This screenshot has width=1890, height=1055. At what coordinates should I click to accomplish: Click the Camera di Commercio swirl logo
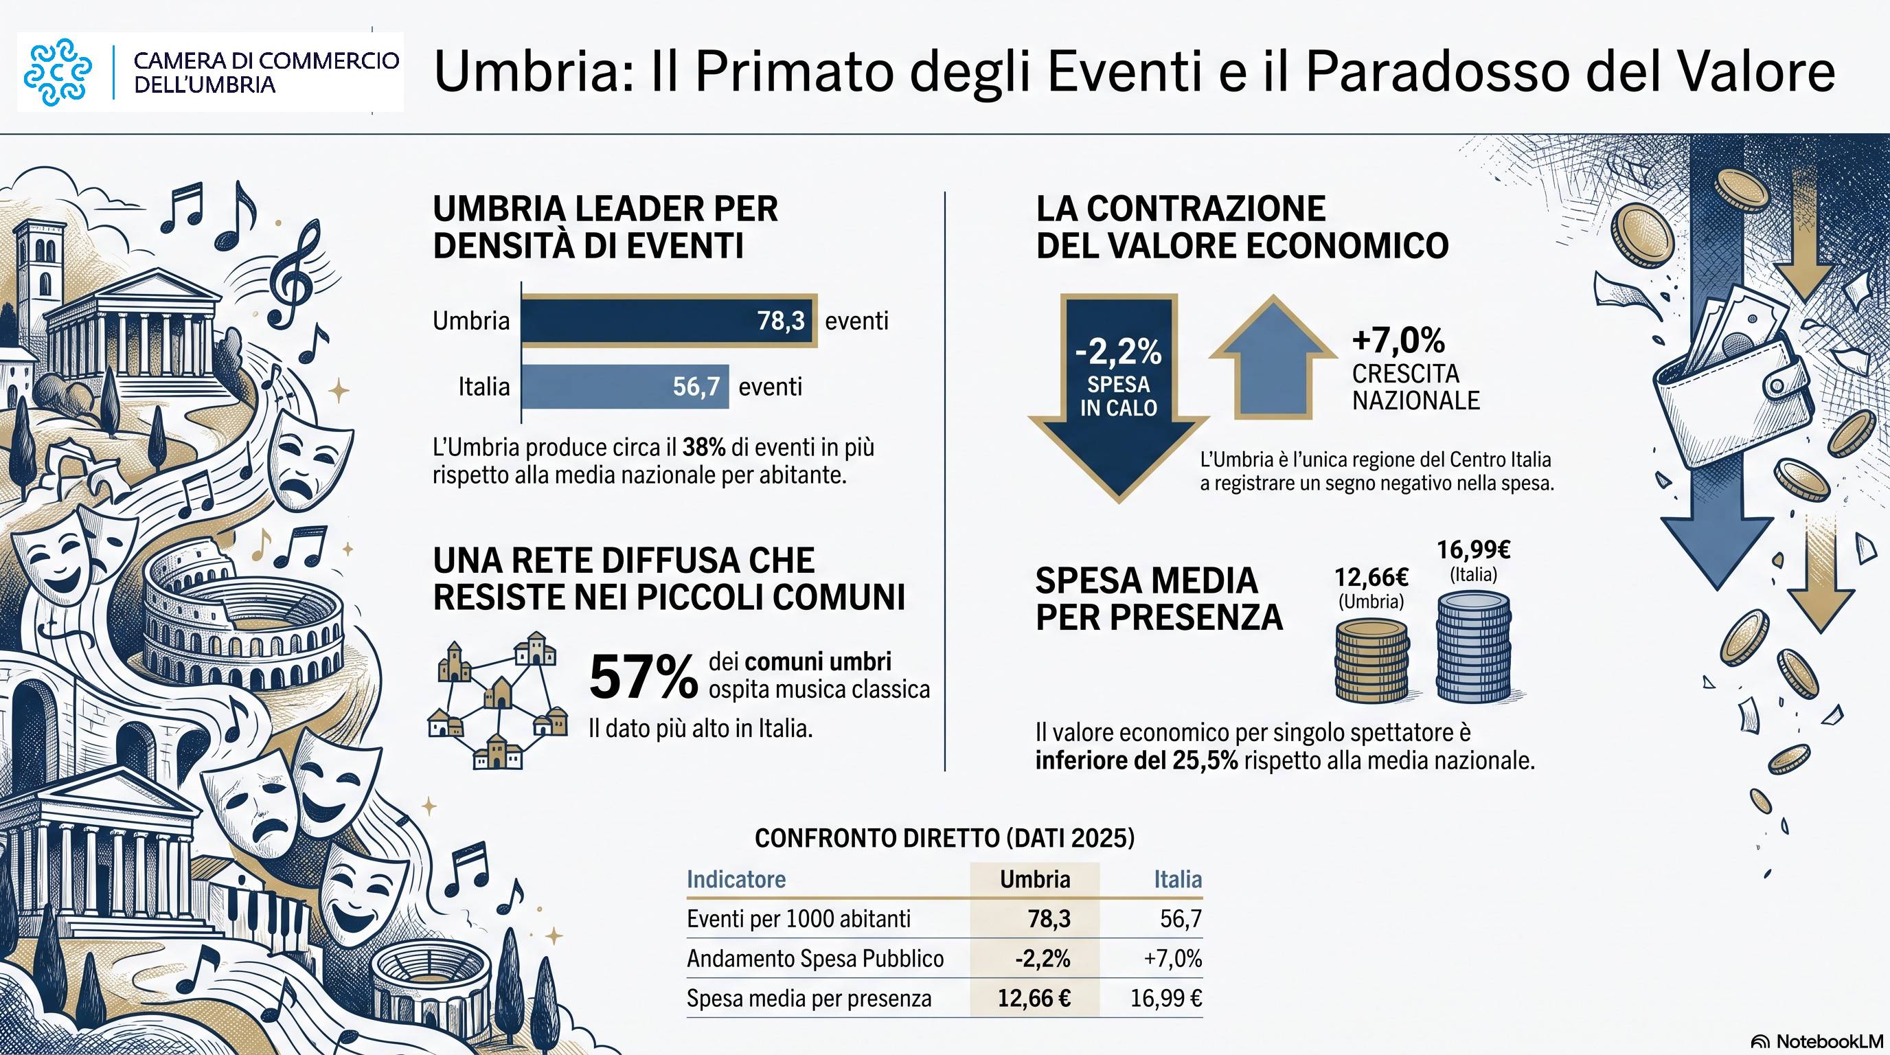tap(58, 72)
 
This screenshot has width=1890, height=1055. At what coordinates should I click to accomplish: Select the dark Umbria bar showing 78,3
tap(668, 321)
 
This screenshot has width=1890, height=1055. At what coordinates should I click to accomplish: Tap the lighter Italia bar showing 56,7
tap(625, 387)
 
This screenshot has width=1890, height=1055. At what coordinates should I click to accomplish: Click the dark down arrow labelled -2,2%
tap(1118, 396)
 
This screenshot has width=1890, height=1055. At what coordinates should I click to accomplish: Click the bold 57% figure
tap(644, 677)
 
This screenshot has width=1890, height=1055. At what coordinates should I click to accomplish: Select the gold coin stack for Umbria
tap(1371, 660)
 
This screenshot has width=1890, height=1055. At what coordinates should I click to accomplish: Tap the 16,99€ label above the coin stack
tap(1473, 549)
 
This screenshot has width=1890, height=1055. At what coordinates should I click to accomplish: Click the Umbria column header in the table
tap(1034, 879)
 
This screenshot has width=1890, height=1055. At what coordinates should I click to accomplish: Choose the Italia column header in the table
tap(1178, 879)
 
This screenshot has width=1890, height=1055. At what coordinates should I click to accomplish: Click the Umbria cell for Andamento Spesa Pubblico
tap(1043, 958)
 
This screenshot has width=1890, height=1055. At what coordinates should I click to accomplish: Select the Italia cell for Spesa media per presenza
tap(1166, 999)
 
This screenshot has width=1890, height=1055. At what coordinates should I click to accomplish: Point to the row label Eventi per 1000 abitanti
tap(798, 918)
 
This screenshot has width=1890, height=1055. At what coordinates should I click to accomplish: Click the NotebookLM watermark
tap(1817, 1041)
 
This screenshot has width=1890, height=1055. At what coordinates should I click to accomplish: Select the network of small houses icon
tap(498, 700)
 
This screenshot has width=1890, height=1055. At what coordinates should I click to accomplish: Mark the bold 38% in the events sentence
tap(704, 448)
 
